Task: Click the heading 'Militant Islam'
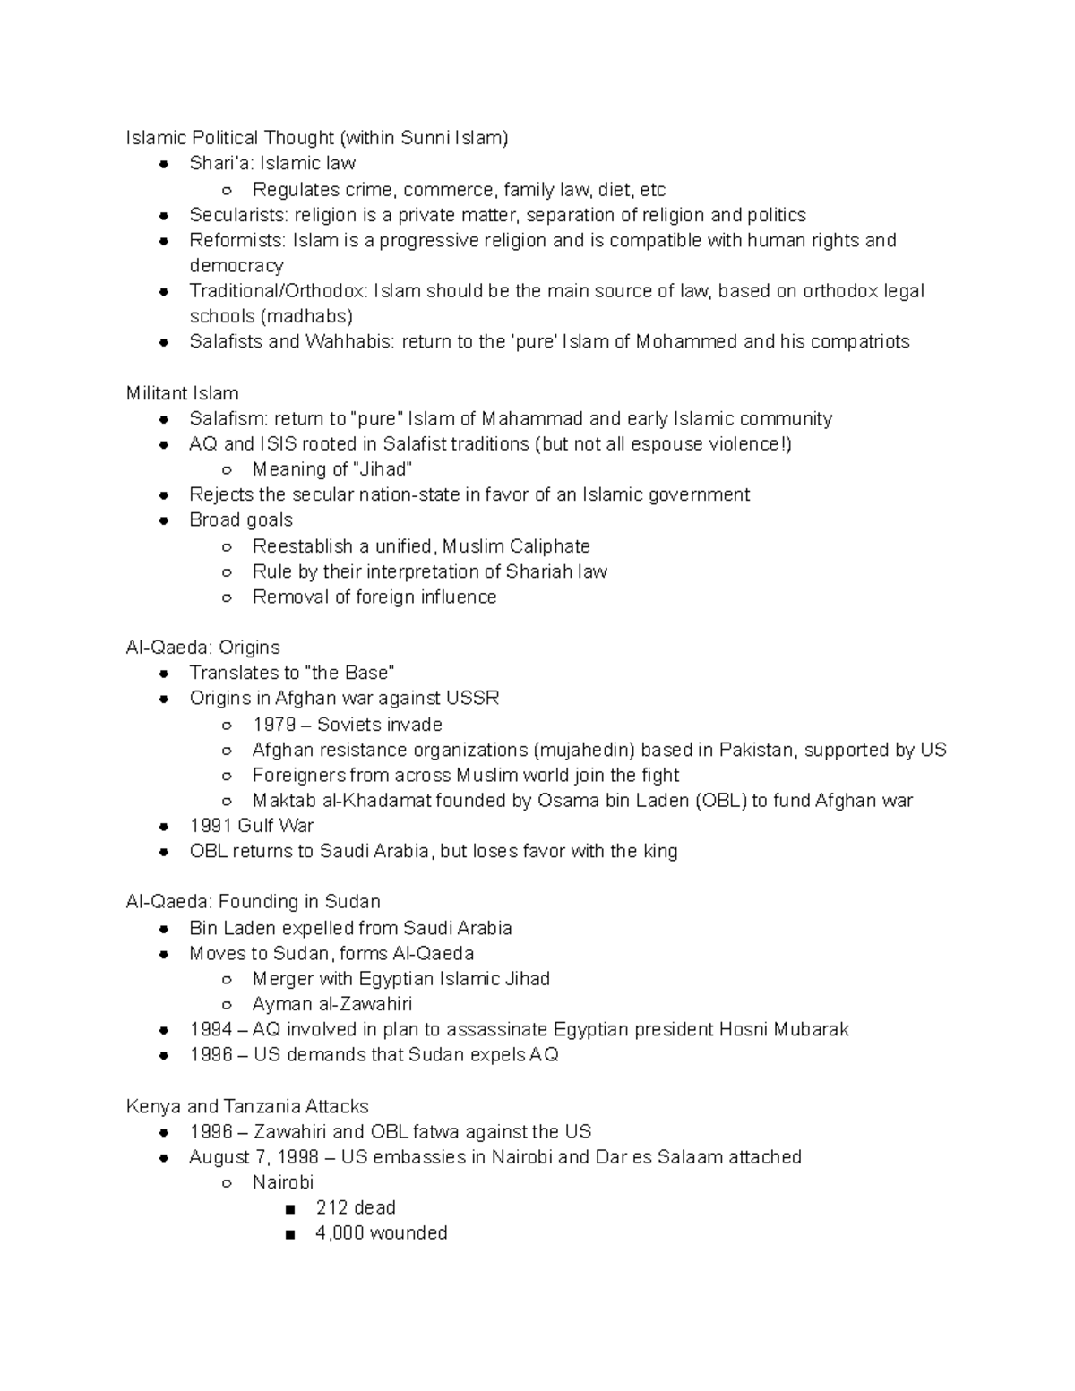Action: click(x=182, y=393)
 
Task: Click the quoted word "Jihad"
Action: click(x=383, y=469)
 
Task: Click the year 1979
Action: click(x=274, y=725)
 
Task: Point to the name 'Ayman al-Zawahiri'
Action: click(x=332, y=1004)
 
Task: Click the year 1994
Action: click(x=211, y=1029)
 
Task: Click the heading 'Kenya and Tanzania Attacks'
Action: click(x=247, y=1106)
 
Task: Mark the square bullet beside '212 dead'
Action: click(x=288, y=1208)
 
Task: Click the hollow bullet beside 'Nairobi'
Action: click(x=227, y=1183)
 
